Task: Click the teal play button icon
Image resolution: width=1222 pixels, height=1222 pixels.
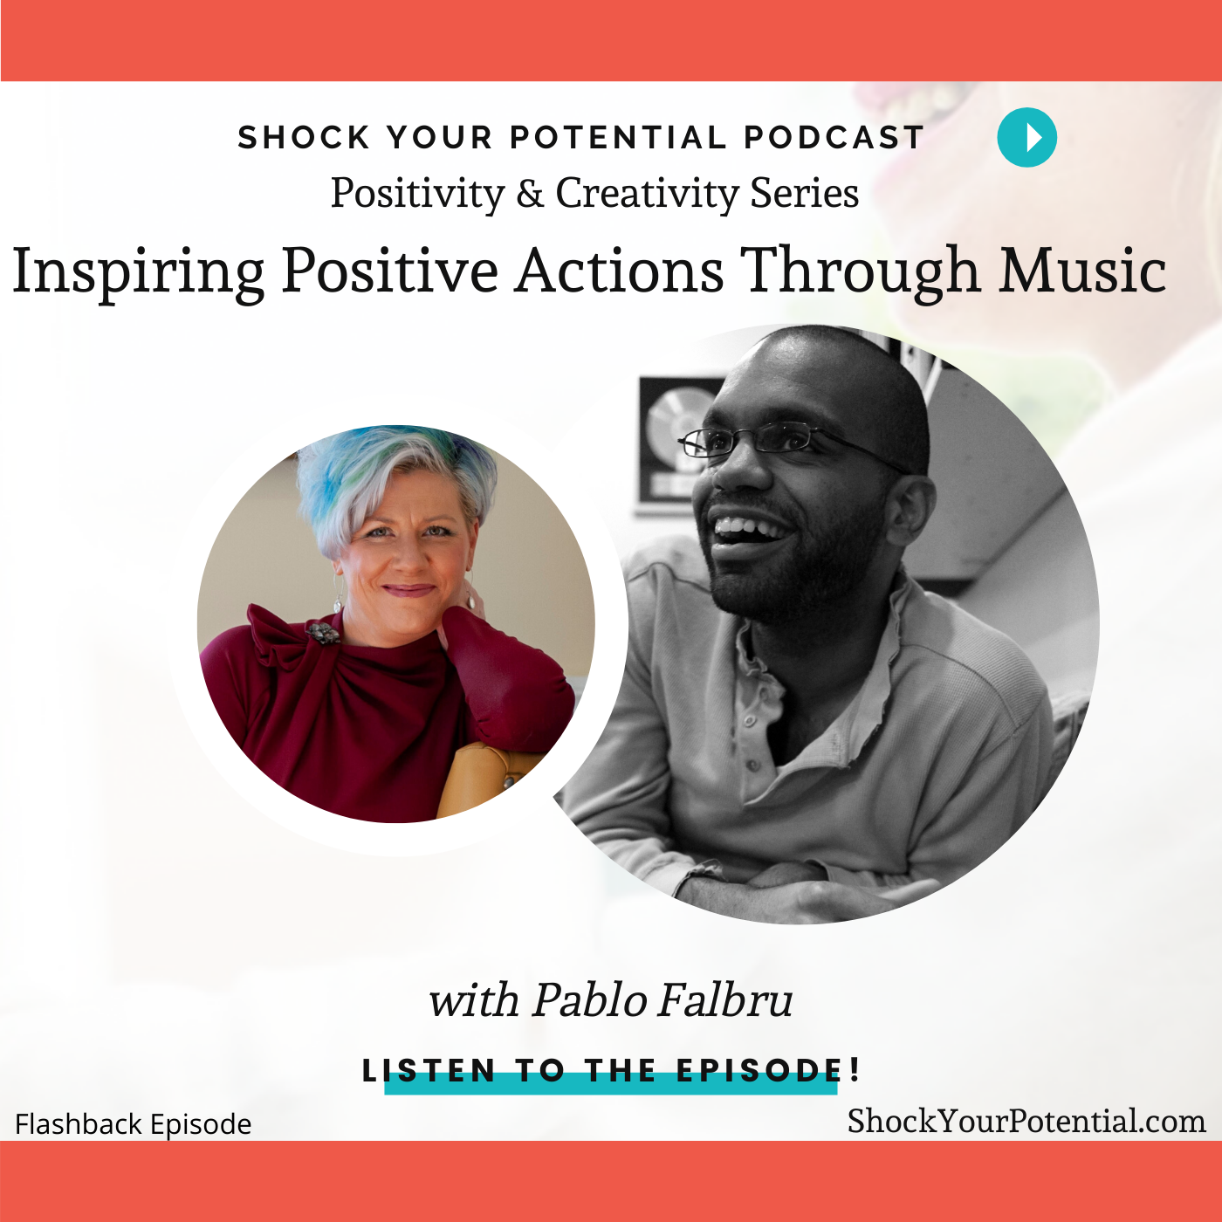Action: click(1026, 137)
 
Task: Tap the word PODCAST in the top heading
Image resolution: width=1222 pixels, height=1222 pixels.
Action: click(834, 138)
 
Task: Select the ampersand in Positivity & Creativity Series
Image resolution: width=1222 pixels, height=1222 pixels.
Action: click(530, 194)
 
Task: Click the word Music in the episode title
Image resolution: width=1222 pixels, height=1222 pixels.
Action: click(1082, 271)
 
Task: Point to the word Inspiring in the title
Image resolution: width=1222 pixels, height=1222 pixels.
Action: click(138, 272)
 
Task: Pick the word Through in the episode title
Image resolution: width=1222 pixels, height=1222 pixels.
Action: click(860, 272)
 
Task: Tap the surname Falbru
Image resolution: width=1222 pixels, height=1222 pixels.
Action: click(725, 1000)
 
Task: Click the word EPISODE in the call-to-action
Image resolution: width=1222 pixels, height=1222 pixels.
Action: click(759, 1070)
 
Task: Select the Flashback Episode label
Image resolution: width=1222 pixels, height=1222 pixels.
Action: click(134, 1124)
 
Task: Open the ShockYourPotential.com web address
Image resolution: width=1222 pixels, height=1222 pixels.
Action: click(1026, 1122)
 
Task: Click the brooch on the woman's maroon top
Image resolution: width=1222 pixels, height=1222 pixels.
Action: click(323, 632)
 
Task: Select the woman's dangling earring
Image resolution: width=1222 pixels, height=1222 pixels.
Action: click(337, 598)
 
